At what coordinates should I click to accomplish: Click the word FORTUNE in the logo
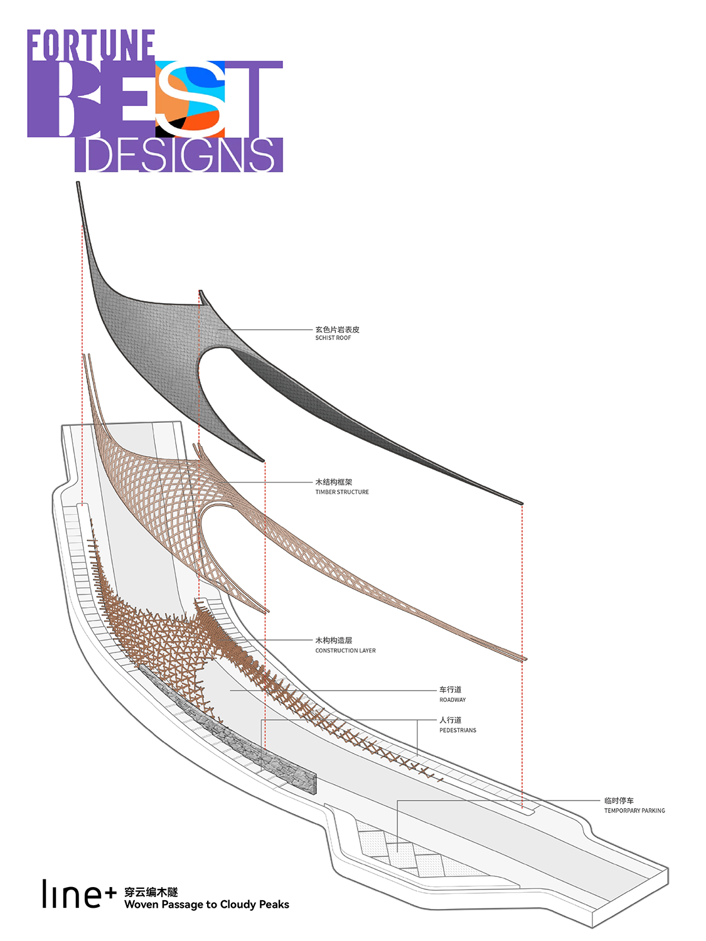tap(91, 45)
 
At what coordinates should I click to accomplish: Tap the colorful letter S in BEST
tap(190, 98)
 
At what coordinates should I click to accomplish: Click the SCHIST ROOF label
tap(333, 338)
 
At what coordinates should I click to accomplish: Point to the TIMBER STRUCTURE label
tap(341, 492)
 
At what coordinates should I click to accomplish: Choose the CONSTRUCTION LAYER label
tap(345, 651)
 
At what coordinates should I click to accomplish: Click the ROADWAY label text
tap(452, 699)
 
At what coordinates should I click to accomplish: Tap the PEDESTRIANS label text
tap(457, 730)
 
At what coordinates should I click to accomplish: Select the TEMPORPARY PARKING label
tap(634, 811)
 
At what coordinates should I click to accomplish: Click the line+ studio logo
tap(79, 893)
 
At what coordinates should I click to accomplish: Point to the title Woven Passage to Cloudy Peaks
tap(206, 905)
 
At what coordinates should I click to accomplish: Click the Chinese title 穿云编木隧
tap(151, 891)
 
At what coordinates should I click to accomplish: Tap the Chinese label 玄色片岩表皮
tap(338, 329)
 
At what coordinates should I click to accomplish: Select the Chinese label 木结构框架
tap(333, 482)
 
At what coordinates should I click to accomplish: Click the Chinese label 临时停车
tap(619, 800)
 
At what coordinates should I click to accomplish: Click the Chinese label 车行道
tap(450, 689)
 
